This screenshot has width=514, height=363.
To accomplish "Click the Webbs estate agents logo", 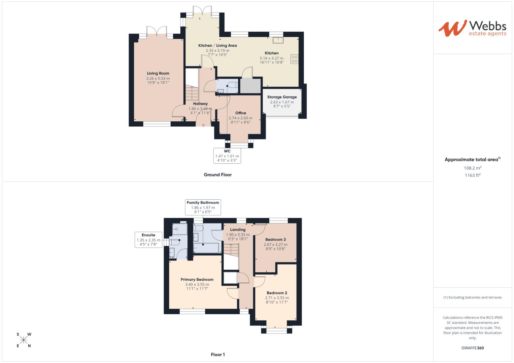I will (472, 28).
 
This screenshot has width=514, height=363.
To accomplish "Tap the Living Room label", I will (158, 73).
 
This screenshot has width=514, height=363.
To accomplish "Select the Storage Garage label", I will (282, 97).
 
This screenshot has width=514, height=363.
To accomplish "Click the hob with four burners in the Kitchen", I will (295, 59).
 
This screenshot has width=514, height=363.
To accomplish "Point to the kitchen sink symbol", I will (278, 40).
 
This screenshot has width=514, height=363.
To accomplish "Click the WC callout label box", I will (227, 156).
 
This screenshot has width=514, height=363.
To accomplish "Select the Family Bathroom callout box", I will (203, 207).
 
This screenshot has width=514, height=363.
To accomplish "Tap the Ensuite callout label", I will (148, 240).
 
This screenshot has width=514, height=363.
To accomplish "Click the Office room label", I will (241, 113).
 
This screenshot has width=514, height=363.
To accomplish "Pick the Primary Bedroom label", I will (197, 280).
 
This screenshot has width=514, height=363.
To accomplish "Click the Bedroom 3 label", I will (275, 240).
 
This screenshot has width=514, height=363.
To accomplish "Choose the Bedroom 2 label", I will (277, 293).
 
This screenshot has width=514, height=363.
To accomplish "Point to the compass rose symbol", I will (24, 340).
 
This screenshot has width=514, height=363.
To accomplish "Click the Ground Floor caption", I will (217, 175).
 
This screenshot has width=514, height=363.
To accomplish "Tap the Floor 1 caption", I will (217, 355).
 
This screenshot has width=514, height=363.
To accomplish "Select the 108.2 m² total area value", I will (472, 168).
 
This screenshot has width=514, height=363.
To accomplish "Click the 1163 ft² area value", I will (472, 175).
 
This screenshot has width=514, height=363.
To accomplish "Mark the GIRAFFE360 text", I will (472, 348).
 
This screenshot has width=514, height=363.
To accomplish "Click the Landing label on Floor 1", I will (238, 230).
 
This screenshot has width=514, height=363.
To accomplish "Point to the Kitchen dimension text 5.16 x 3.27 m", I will (271, 58).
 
